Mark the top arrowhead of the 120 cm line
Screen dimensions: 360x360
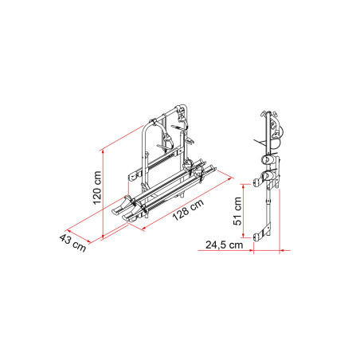104,148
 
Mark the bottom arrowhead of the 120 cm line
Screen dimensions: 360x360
104,235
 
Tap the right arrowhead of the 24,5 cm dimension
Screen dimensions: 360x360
279,248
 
